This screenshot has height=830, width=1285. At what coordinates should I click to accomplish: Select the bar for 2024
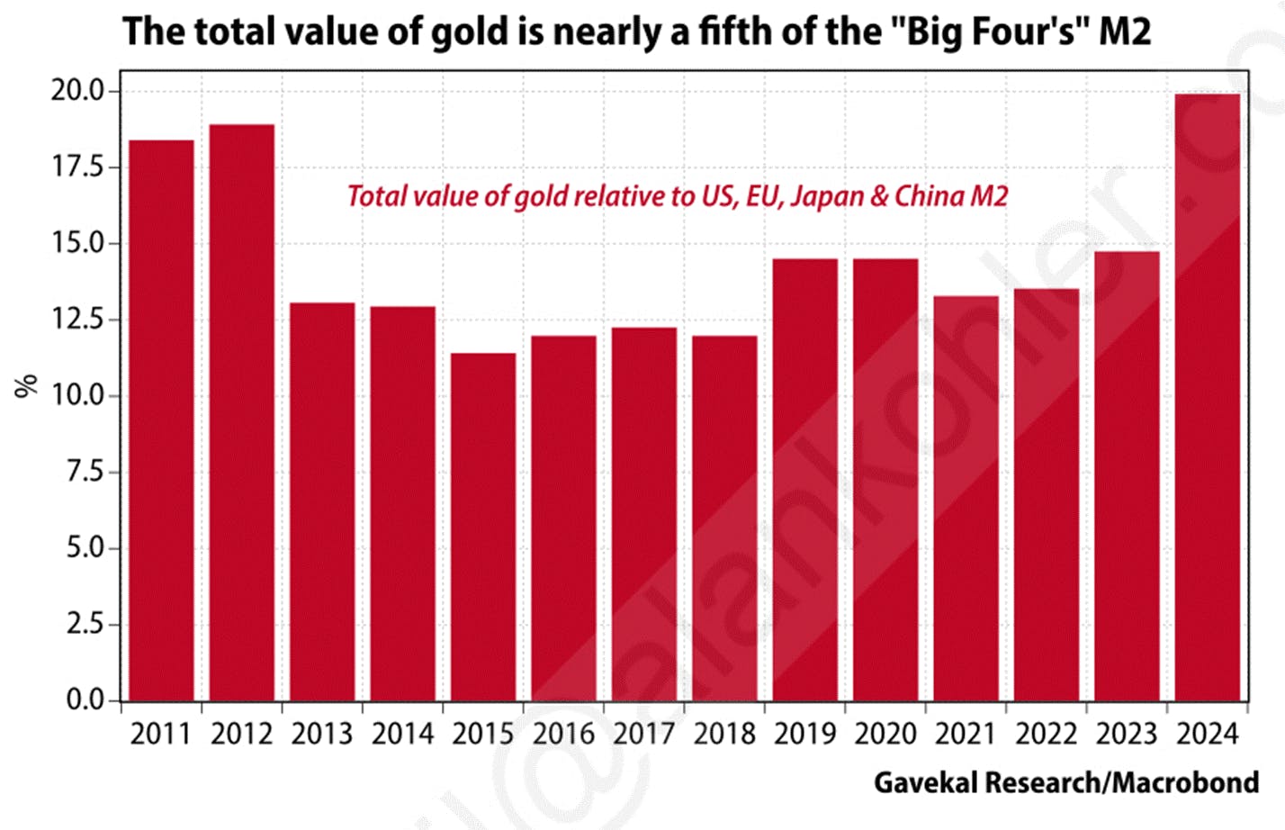(1208, 396)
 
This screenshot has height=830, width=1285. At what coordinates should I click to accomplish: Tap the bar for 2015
(483, 527)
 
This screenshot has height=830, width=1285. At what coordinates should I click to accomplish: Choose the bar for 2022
(1047, 494)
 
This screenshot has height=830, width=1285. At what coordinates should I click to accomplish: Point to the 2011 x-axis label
(161, 734)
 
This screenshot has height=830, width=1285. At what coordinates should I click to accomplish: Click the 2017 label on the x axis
(644, 734)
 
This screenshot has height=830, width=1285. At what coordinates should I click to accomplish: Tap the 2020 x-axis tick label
(885, 734)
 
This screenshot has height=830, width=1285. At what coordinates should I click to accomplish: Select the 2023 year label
(1127, 734)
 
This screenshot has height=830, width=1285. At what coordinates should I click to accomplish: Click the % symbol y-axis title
(26, 385)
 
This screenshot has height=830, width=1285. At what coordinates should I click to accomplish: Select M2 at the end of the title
(1124, 32)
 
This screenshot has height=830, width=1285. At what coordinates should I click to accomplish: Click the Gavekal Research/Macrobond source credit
(1066, 782)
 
